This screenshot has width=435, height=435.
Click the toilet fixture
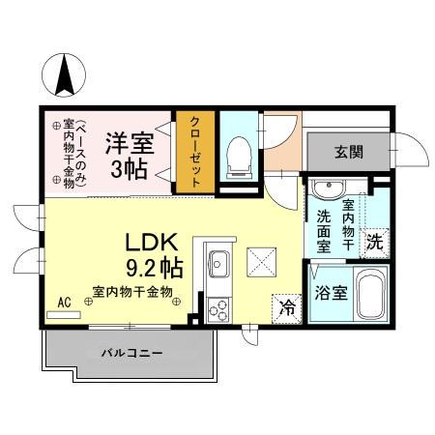click(x=238, y=156)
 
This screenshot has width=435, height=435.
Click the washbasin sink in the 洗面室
click(x=324, y=188)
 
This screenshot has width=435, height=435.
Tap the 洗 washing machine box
click(x=373, y=245)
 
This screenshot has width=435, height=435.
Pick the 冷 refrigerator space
click(x=287, y=308)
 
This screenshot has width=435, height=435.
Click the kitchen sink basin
click(x=218, y=262)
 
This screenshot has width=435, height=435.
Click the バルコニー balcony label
click(x=131, y=353)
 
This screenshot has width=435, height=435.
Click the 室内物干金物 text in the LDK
click(x=132, y=290)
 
